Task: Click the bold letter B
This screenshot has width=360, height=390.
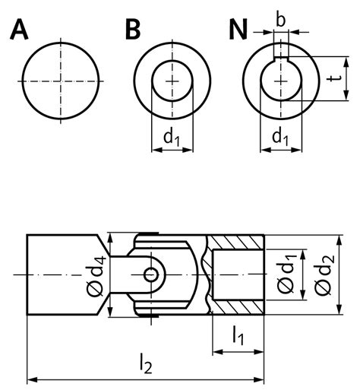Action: point(133,30)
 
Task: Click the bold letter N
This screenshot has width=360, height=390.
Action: point(239,30)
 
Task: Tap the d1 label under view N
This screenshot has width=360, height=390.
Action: point(281,137)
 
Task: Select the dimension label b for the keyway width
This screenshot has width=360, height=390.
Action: point(281,18)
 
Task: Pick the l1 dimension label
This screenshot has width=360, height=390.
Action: point(237,335)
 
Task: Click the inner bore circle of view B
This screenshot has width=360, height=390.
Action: point(173,81)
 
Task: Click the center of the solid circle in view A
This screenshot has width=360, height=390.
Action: point(62,81)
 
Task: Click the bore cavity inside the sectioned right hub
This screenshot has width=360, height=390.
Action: point(237,274)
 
